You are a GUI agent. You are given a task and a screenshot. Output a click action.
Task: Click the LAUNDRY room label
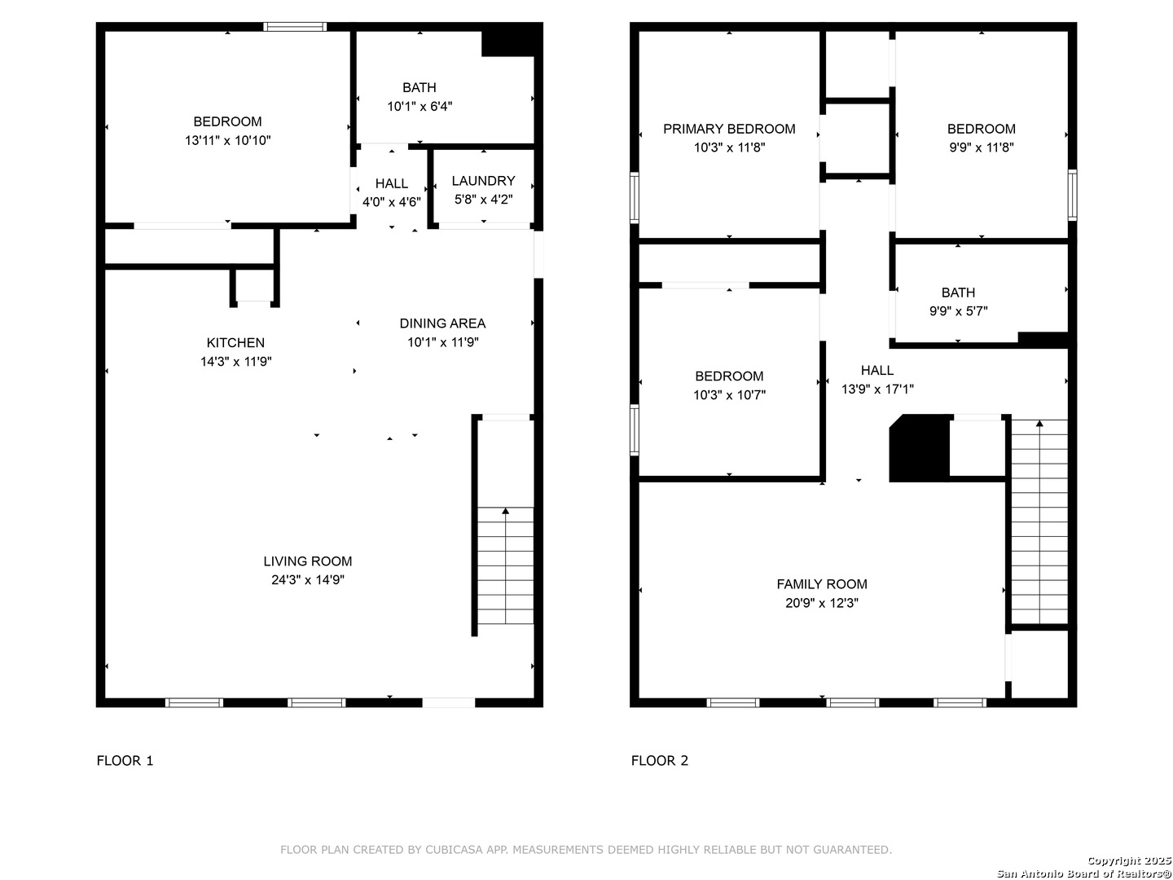coord(483,181)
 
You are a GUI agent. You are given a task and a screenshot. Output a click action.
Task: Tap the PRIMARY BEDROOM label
coord(729,129)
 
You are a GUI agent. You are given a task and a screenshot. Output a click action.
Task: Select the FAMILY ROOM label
coord(821,584)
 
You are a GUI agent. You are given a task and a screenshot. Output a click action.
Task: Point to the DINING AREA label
coord(442,323)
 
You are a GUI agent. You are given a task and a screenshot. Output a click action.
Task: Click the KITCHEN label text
coord(235,342)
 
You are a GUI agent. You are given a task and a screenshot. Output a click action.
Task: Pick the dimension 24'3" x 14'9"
coord(308,579)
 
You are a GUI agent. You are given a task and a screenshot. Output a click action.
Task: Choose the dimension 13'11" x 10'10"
coord(227,140)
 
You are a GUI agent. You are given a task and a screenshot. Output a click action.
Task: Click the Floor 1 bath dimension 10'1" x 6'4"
coord(420,106)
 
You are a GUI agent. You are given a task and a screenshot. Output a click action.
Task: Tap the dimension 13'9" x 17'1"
coord(877,389)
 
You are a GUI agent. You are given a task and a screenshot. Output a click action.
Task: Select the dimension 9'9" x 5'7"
coord(958,311)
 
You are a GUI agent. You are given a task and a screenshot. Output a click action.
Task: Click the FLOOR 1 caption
coord(125,760)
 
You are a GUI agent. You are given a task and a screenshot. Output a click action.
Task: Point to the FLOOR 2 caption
coord(660,760)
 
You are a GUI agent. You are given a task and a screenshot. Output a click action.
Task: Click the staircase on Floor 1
coord(505,565)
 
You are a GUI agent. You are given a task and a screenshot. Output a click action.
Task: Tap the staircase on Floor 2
coord(1039,521)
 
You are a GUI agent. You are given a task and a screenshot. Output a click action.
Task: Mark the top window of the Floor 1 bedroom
coord(295,27)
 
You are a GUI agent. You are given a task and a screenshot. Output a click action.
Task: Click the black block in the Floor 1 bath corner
coord(512,40)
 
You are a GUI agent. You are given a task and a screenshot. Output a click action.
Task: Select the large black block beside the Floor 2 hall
coord(919,448)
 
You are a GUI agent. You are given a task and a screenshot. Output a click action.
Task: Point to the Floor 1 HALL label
coord(391,184)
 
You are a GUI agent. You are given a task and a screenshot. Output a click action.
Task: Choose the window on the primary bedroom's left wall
coord(635,197)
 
